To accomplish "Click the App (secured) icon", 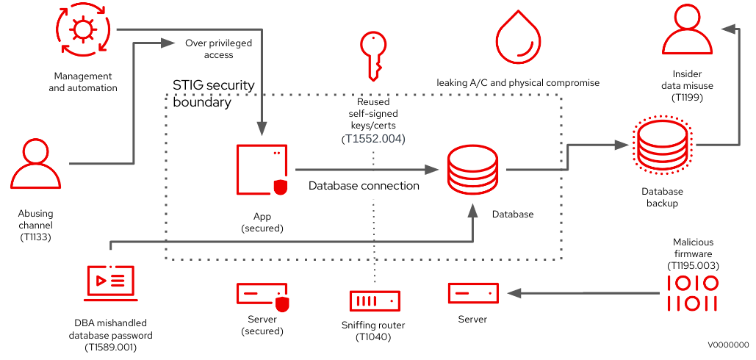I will [262, 170].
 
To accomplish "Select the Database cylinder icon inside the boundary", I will [473, 170].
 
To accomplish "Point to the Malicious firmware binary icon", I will [692, 292].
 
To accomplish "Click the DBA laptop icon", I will [110, 283].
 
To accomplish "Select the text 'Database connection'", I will [364, 186].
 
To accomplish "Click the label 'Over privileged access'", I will [218, 48].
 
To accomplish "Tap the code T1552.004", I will [373, 138].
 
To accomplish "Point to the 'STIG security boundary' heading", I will [213, 93].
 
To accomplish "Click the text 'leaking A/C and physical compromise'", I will [518, 83].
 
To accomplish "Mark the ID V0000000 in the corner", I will [728, 344].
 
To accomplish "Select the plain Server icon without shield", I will [474, 292].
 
